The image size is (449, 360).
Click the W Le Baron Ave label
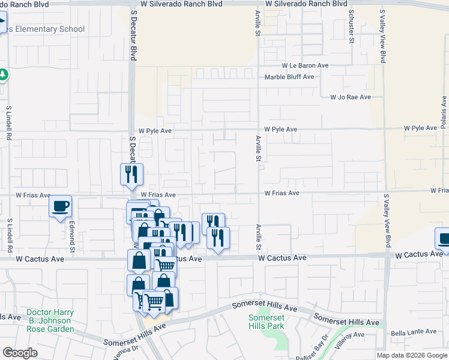306,65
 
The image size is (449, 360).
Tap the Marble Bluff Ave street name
289,77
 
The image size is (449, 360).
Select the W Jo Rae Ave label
351,97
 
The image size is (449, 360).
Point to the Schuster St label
351,28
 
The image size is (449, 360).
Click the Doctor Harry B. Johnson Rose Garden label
50,321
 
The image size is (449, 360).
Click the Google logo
20,353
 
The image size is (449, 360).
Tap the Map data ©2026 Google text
411,355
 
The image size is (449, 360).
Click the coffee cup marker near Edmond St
60,207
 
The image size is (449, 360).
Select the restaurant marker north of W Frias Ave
131,175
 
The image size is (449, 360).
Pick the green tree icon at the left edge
3,75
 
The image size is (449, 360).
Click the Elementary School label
47,29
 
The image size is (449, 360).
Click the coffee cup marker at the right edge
444,239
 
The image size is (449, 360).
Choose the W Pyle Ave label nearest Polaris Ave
420,128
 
